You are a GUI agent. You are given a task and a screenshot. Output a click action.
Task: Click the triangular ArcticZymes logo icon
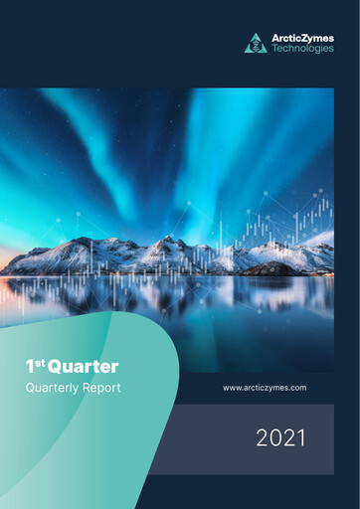256,43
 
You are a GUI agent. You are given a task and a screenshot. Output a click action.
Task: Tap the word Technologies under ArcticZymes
302,49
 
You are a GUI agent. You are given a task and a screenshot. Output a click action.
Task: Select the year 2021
280,437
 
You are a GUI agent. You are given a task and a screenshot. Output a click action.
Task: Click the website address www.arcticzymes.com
264,387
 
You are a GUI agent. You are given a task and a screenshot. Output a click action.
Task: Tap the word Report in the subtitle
101,387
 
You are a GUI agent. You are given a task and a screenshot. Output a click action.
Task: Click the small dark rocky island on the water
269,268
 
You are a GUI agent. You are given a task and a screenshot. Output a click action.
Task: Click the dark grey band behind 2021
199,437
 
